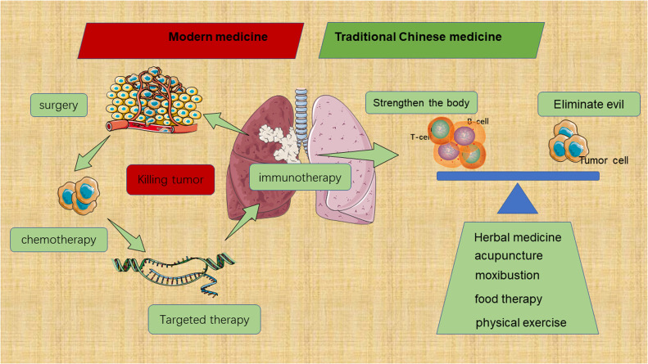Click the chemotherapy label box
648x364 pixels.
(48, 240)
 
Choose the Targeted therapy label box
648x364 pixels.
(205, 317)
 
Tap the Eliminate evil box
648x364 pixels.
(587, 105)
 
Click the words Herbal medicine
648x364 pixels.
(518, 238)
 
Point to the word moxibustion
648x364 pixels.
(511, 275)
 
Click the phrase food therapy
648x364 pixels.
(508, 299)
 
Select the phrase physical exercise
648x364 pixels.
(520, 322)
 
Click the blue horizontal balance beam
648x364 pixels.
(518, 176)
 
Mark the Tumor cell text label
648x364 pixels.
(604, 160)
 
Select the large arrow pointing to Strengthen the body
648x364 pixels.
(360, 150)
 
